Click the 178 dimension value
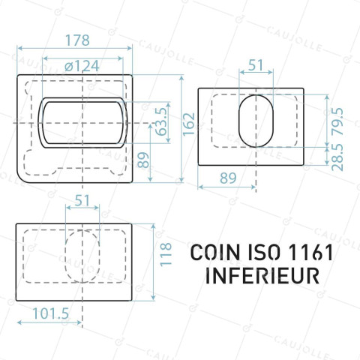(x=77, y=40)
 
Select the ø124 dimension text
(x=82, y=66)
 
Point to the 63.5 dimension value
(x=161, y=121)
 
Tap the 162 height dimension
(x=189, y=124)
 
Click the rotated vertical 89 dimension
(x=143, y=160)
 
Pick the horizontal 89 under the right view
(x=228, y=178)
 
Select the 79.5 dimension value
(x=337, y=121)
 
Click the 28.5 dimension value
(x=337, y=157)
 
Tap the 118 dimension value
(x=166, y=254)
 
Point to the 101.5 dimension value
(x=51, y=313)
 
